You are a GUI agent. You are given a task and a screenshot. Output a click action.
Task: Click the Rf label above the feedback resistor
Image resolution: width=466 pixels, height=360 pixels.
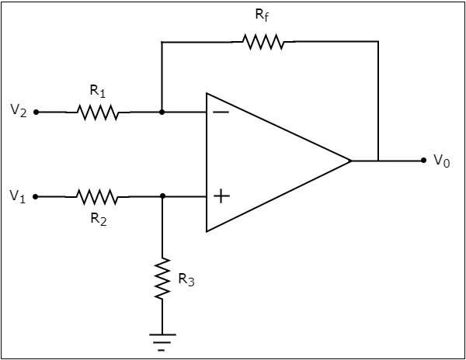pos(263,16)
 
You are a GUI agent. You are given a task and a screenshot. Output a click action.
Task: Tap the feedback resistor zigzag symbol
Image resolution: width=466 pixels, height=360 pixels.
pos(263,43)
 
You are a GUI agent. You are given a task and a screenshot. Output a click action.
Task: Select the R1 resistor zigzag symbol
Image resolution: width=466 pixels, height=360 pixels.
pos(98,112)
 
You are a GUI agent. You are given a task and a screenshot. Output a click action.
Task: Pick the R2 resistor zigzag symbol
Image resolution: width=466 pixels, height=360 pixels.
pos(97,197)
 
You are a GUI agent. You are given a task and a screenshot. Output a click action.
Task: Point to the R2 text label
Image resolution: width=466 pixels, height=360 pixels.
pos(97,219)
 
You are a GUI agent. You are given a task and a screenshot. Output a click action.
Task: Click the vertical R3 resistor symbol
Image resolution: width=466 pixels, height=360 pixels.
pos(162,279)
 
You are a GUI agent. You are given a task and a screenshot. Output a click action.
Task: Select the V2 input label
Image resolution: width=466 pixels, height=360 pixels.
pos(19,111)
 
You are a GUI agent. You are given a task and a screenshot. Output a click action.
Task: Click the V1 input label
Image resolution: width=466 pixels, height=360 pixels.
pos(19,197)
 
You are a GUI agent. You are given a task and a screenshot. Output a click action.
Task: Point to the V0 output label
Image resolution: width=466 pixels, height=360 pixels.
pos(441,161)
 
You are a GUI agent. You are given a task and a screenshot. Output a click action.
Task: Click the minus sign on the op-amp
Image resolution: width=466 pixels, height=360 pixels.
pos(221,112)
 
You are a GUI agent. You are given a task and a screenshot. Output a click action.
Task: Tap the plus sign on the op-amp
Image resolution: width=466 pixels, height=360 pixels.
pos(221,196)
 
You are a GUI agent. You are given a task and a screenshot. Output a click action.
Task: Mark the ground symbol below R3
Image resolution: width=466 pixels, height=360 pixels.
pos(162,340)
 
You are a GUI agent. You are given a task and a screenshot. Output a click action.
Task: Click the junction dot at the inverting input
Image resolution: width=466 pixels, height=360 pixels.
pos(162,112)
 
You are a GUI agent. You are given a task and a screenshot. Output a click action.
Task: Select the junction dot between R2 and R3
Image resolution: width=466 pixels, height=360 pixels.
pos(162,197)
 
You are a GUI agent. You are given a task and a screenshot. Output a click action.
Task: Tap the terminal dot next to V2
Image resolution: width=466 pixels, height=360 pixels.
pos(37,112)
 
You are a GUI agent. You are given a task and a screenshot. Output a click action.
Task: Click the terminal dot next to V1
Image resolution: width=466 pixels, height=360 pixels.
pos(37,197)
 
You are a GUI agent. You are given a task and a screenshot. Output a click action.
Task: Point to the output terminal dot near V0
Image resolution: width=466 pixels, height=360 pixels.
pos(423,161)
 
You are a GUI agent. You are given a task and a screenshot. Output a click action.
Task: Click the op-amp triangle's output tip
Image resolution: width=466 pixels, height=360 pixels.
pos(351,161)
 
